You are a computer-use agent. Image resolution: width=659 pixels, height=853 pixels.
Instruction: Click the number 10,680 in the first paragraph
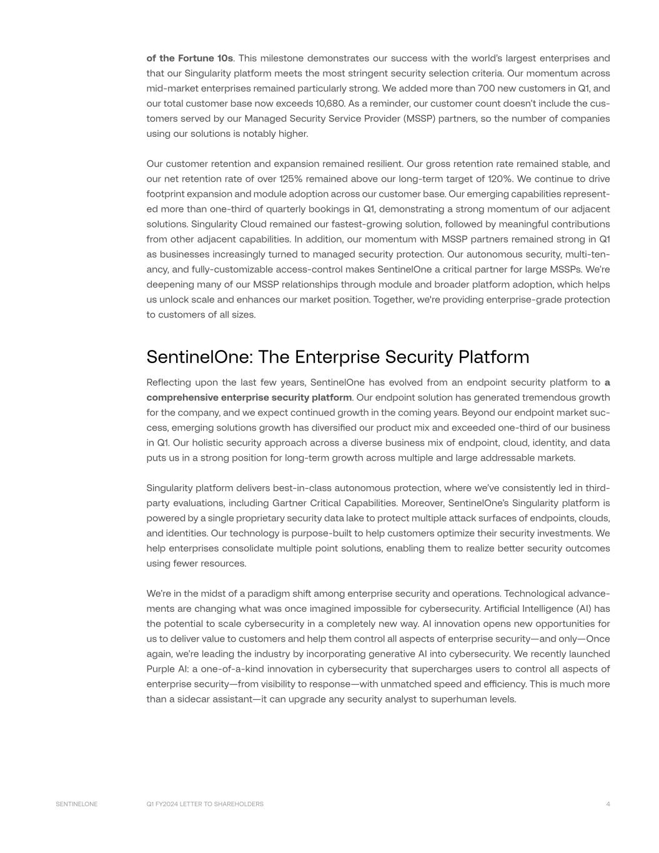[327, 103]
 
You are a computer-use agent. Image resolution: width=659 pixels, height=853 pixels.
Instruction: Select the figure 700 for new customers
[486, 88]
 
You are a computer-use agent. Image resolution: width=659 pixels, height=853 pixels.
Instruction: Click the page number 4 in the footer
[608, 804]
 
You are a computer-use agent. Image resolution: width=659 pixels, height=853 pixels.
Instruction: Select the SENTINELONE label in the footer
[76, 804]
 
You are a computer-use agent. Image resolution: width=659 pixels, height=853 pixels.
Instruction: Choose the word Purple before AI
[162, 669]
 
